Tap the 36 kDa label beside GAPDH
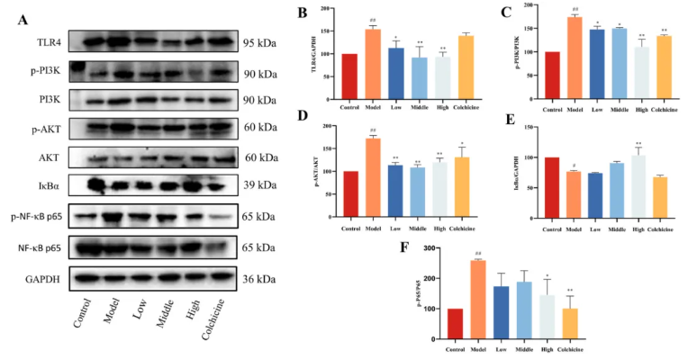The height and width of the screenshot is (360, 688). click(x=259, y=279)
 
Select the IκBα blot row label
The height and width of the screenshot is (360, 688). click(x=32, y=187)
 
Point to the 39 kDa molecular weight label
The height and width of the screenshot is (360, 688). click(x=259, y=187)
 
